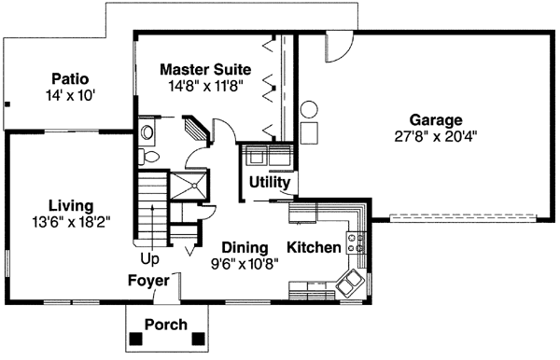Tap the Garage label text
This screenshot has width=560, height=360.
coord(436,120)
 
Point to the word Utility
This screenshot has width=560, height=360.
coord(269,183)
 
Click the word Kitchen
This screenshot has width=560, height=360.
coord(314,248)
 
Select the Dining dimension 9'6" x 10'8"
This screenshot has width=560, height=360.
coord(245,263)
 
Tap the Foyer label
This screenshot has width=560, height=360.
coord(148,280)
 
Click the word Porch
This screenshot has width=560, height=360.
coord(165,325)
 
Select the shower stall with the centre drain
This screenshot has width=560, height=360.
coord(195,185)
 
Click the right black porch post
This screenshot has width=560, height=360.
coord(198,338)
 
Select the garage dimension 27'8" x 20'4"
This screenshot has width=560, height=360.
coord(436,136)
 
